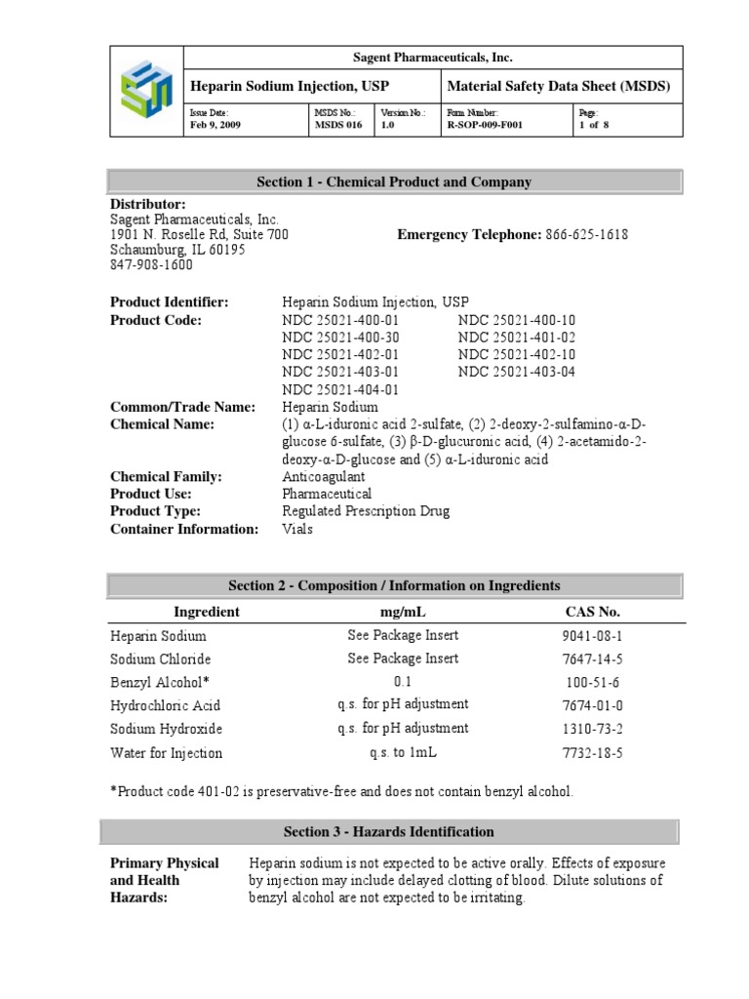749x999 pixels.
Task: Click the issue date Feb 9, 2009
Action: pos(215,125)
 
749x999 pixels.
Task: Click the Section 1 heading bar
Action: pos(393,181)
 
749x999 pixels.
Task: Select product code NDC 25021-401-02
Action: pos(517,337)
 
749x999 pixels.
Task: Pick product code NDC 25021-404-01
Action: pos(340,389)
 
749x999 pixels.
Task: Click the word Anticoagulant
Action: pos(324,477)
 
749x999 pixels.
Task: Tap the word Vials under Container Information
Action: pos(298,530)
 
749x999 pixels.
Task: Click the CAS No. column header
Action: pos(592,612)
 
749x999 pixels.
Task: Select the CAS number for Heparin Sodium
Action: pos(592,636)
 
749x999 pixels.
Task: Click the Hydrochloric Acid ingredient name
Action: pos(166,705)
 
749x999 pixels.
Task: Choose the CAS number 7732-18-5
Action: pos(592,753)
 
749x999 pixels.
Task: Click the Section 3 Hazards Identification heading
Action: pos(389,832)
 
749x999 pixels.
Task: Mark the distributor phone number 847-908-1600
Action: pos(151,265)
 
